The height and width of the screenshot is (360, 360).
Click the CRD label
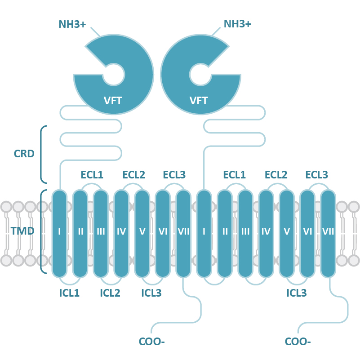point(24,154)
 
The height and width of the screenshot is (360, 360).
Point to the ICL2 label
point(110,293)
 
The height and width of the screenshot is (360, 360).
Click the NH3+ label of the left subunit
point(72,24)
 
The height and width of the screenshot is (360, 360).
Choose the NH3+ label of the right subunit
point(237,24)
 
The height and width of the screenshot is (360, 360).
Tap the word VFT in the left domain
point(113,101)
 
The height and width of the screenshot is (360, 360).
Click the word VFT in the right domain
point(199,101)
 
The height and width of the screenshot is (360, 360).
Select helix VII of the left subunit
point(183,232)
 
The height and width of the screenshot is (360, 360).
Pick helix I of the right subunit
point(204,232)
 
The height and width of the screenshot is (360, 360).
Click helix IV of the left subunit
point(121,232)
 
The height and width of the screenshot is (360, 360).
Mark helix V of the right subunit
point(287,232)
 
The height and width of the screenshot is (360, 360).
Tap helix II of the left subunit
point(80,232)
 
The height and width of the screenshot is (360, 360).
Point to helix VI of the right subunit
point(307,232)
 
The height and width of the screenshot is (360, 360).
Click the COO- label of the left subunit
point(152,342)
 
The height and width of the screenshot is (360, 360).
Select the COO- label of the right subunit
point(298,342)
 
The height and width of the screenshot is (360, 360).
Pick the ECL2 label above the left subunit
point(134,174)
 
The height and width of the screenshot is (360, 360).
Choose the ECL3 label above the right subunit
point(316,174)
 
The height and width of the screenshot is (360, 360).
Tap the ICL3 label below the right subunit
point(297,293)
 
